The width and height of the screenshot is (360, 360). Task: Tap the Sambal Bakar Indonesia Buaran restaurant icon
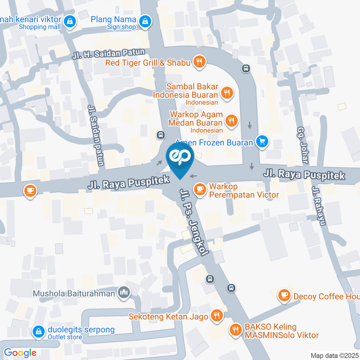tap(226, 93)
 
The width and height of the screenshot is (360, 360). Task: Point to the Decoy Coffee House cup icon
tap(284, 296)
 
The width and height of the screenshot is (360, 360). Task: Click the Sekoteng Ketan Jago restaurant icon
tap(216, 316)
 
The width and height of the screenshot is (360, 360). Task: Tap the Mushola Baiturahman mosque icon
tap(124, 292)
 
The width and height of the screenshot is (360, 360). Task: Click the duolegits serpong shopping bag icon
tap(38, 331)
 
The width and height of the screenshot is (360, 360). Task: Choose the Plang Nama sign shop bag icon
tap(144, 22)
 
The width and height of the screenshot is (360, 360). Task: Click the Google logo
tap(20, 352)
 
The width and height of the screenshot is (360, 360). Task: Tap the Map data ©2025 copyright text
tap(334, 355)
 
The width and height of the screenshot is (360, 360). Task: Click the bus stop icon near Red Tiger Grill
tap(246, 68)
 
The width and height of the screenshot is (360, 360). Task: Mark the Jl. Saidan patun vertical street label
tap(95, 135)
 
